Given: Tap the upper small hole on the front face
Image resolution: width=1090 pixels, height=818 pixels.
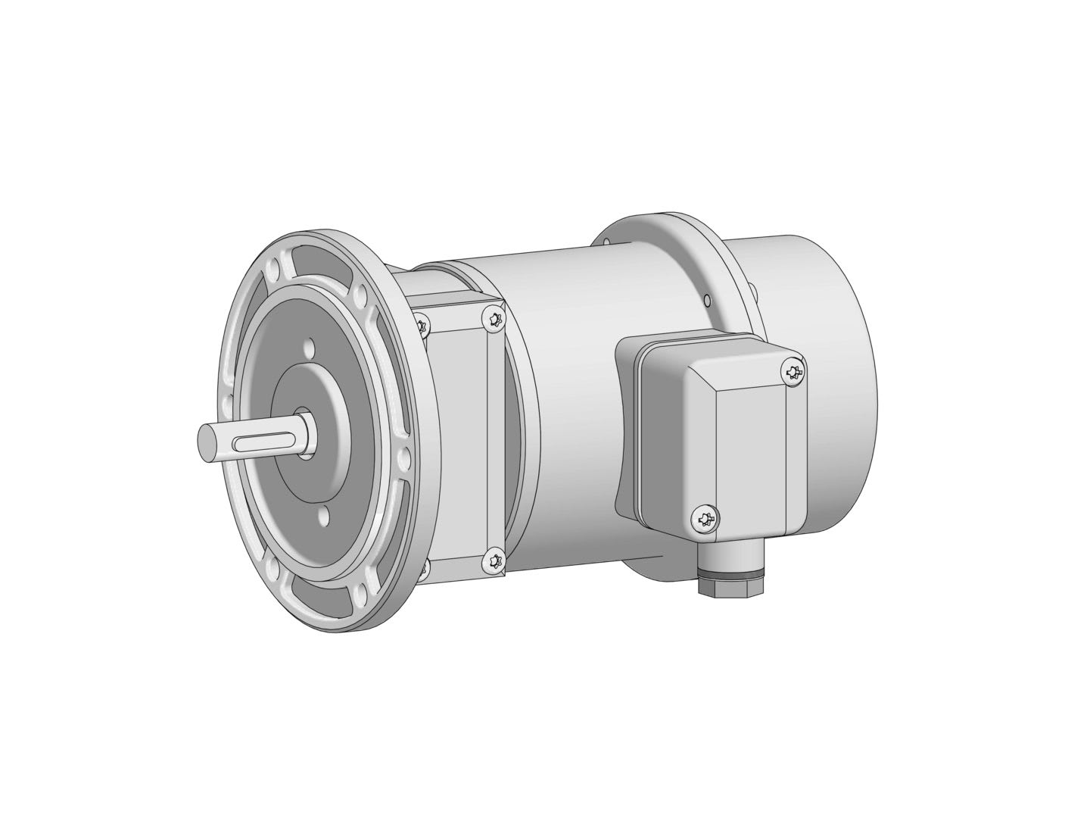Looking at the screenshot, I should click(308, 351).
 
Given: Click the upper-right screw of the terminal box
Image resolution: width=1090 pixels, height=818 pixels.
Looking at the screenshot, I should click(793, 372).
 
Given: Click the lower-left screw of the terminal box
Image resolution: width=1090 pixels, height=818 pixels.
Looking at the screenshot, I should click(705, 520).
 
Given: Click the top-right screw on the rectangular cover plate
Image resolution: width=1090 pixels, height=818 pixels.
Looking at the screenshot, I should click(494, 319).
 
